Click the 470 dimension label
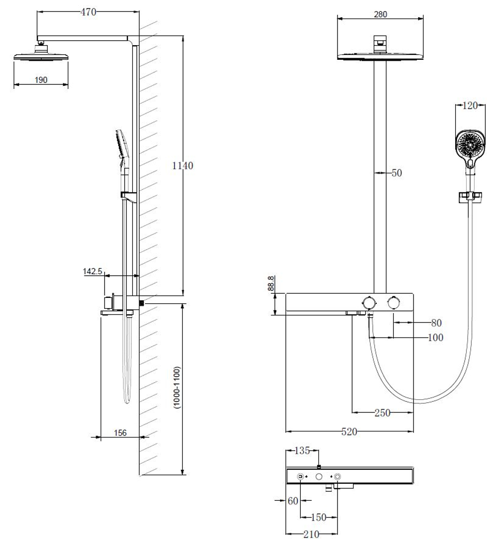point(89,13)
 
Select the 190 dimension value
point(41,80)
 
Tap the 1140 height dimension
point(183,166)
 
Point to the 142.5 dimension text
point(93,271)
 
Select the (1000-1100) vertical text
point(177,388)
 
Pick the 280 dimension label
point(381,15)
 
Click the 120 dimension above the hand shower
point(470,106)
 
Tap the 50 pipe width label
point(397,173)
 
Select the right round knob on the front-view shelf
point(393,302)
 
